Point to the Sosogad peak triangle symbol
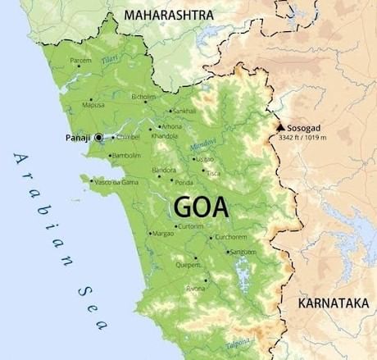[x=280, y=128]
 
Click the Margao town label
[x=165, y=233]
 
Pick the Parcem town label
[x=81, y=60]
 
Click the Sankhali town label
[x=184, y=111]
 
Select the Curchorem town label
[x=230, y=237]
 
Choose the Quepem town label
[x=188, y=265]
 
